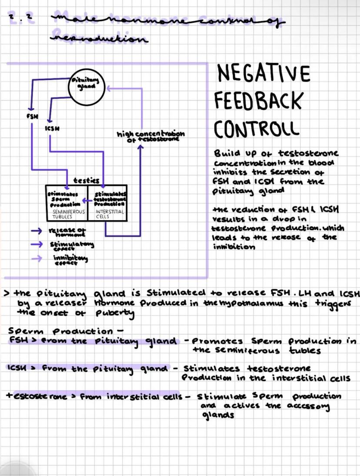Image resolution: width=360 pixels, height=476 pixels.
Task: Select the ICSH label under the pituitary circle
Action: point(52,128)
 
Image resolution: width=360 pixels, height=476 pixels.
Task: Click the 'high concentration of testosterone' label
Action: point(150,136)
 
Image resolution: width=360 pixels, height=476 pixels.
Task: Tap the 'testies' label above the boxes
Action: point(86,180)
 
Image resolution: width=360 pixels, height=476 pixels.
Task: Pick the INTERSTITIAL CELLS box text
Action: point(110,214)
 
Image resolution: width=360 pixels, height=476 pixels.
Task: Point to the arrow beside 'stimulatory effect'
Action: point(40,245)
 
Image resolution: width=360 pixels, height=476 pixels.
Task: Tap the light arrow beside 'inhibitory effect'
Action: point(40,258)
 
